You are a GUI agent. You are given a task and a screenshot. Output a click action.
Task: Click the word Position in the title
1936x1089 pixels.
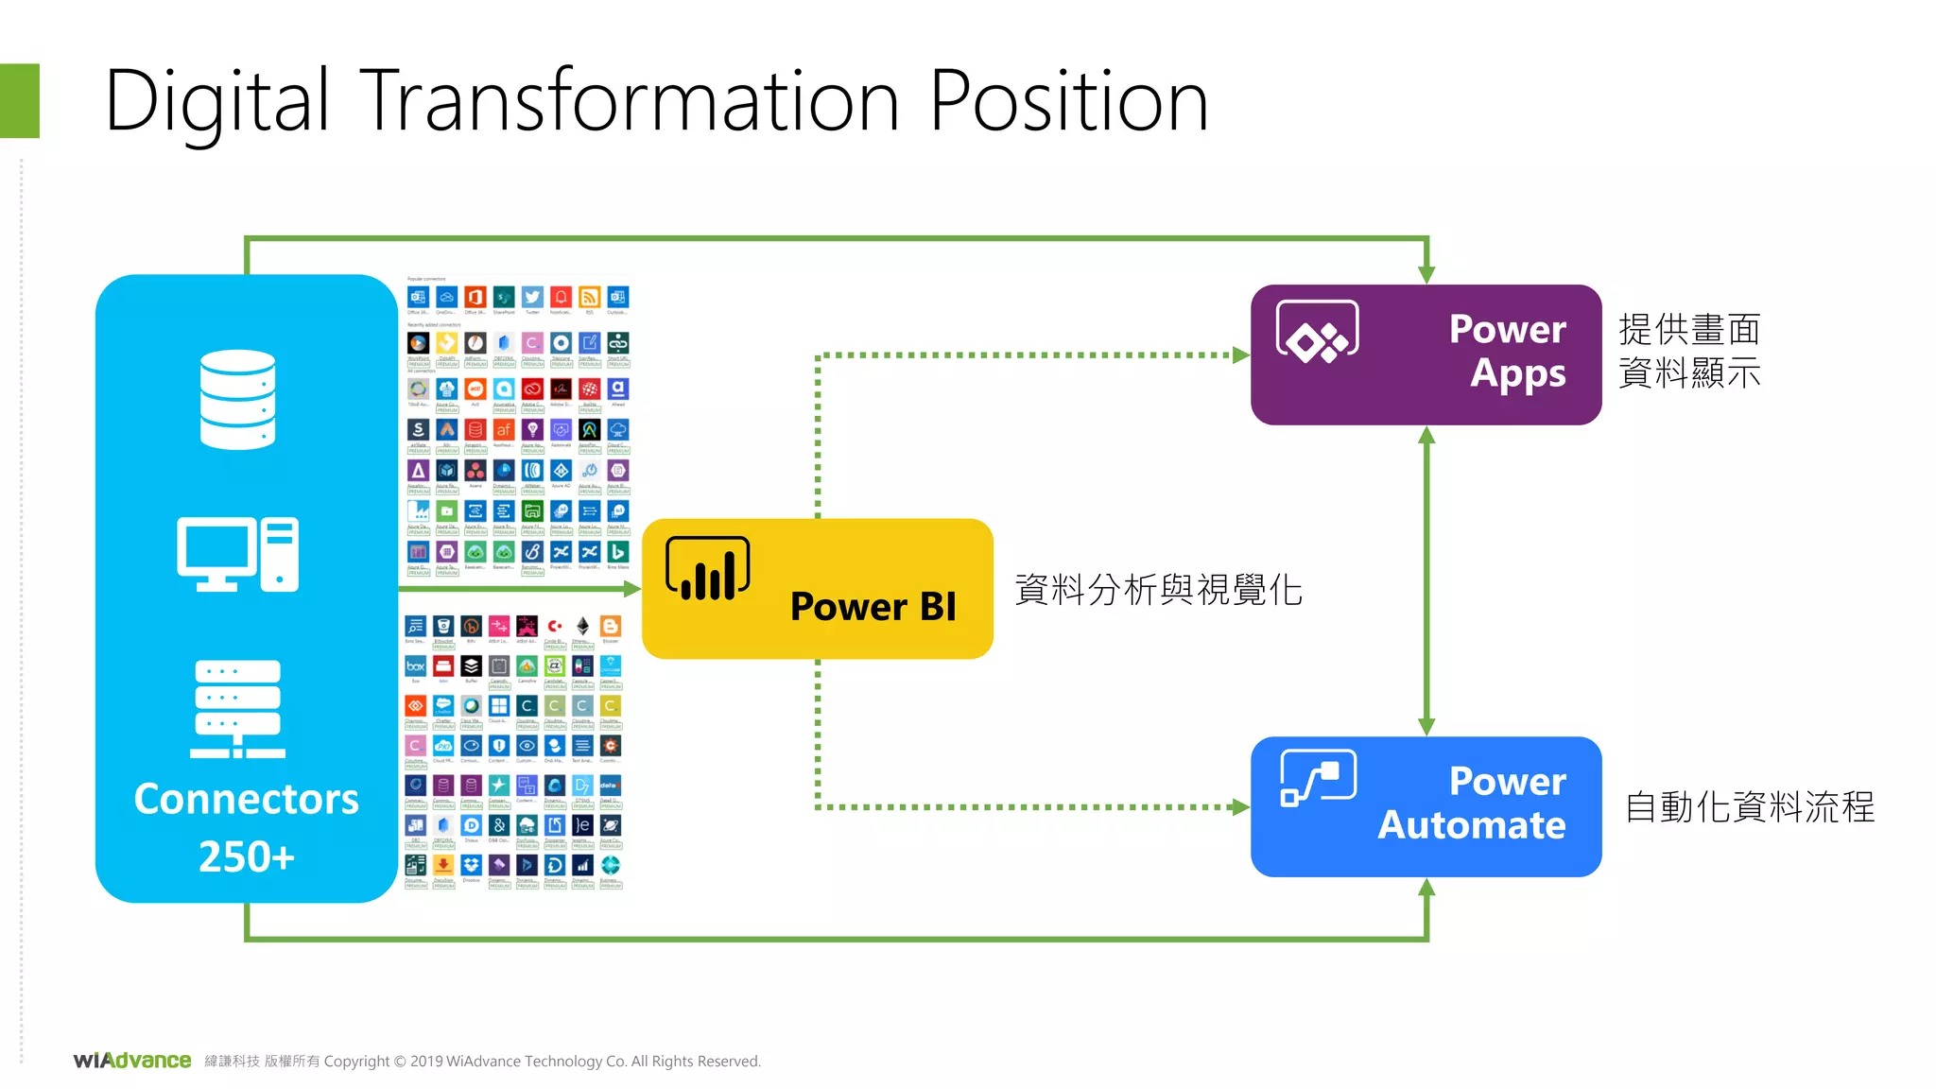pos(1068,102)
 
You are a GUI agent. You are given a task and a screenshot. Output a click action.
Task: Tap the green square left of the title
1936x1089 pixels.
pos(19,101)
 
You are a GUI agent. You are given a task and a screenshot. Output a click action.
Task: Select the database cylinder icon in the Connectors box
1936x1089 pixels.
pos(237,399)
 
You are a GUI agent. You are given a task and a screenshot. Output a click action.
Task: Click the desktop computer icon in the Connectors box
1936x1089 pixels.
pos(237,554)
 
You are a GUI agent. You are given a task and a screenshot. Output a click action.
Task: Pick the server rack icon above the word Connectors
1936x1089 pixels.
pos(237,709)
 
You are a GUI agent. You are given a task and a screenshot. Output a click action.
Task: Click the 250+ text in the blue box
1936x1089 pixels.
pos(246,856)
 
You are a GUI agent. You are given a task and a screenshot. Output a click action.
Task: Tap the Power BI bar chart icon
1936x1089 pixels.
pos(708,569)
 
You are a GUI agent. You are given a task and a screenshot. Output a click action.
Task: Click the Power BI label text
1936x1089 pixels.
pos(873,607)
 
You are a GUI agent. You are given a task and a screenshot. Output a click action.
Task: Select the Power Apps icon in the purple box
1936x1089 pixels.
pos(1317,332)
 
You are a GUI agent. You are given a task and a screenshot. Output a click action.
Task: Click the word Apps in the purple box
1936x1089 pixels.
pos(1517,374)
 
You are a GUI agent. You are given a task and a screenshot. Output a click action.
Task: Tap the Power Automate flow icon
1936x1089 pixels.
pos(1318,778)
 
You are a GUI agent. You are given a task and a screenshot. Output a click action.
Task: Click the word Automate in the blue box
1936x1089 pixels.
pos(1471,825)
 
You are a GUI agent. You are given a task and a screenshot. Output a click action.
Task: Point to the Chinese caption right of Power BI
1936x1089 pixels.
pos(1158,590)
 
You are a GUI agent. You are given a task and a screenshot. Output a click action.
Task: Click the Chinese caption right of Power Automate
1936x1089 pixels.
pos(1749,807)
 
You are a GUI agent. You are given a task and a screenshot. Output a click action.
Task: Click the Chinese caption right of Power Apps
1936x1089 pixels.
pos(1689,351)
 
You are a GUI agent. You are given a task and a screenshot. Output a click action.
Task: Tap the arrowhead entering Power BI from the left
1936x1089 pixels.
pos(632,589)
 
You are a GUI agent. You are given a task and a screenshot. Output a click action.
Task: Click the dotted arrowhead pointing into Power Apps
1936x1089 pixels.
pos(1241,355)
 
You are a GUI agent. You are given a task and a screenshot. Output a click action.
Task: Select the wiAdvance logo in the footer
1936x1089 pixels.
pos(132,1061)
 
